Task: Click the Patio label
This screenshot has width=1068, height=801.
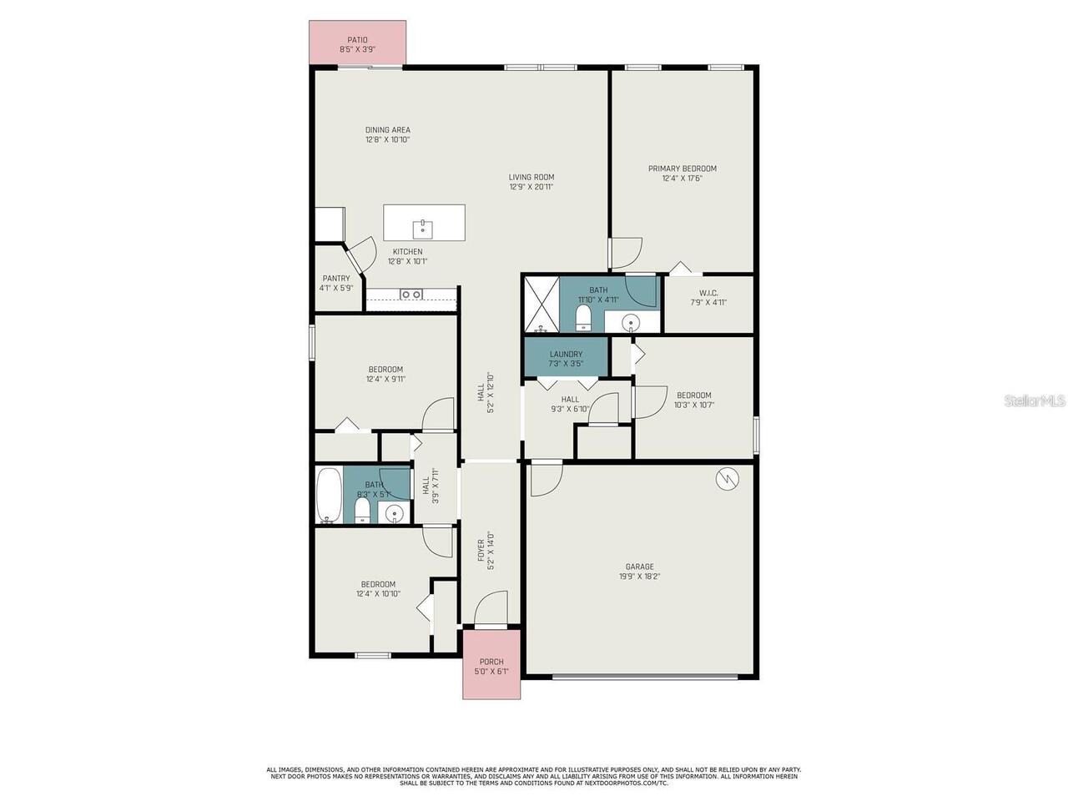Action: pyautogui.click(x=357, y=40)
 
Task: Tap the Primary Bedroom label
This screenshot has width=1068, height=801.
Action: pyautogui.click(x=682, y=169)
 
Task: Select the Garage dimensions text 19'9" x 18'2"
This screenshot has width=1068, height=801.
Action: pyautogui.click(x=639, y=577)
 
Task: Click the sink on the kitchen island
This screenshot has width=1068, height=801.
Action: pyautogui.click(x=422, y=229)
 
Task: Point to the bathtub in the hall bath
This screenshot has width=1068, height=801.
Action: pyautogui.click(x=330, y=495)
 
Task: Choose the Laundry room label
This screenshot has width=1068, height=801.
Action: pyautogui.click(x=566, y=354)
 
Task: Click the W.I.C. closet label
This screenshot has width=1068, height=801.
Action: pyautogui.click(x=708, y=293)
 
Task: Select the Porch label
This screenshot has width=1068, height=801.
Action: pyautogui.click(x=491, y=662)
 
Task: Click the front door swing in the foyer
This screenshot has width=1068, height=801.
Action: pyautogui.click(x=491, y=608)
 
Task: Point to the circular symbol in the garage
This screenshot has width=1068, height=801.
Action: pyautogui.click(x=727, y=479)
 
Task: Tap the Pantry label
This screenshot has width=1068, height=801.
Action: pyautogui.click(x=336, y=278)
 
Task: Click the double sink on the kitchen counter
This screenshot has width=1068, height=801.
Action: pyautogui.click(x=411, y=294)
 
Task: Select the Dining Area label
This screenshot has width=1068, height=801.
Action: pyautogui.click(x=388, y=130)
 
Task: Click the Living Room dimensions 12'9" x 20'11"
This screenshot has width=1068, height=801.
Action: pyautogui.click(x=531, y=187)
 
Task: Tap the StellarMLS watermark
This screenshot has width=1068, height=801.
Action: pyautogui.click(x=1035, y=400)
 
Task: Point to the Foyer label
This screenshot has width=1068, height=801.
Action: pyautogui.click(x=481, y=550)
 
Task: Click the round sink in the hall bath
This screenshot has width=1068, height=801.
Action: pyautogui.click(x=394, y=512)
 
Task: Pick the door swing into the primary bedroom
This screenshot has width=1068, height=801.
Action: pyautogui.click(x=627, y=253)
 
